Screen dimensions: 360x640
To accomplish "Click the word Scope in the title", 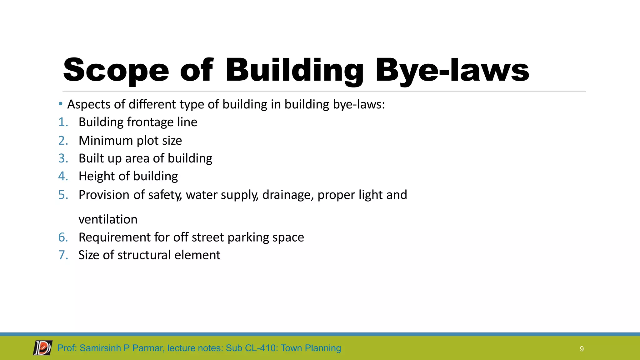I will click(116, 70).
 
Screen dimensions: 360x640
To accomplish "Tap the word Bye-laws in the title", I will click(452, 70).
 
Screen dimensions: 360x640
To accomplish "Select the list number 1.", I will click(63, 122).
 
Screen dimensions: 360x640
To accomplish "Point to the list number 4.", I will click(63, 176).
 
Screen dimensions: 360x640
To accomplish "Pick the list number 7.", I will click(63, 255).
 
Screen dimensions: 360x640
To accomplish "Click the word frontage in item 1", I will click(150, 122).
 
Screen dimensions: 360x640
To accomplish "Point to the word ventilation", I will click(108, 219).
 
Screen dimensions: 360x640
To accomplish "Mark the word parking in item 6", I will click(248, 237).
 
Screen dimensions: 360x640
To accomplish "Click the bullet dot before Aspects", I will click(61, 104).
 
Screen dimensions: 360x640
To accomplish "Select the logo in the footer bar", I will click(43, 348).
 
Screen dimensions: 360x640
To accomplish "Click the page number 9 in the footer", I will click(582, 349).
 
